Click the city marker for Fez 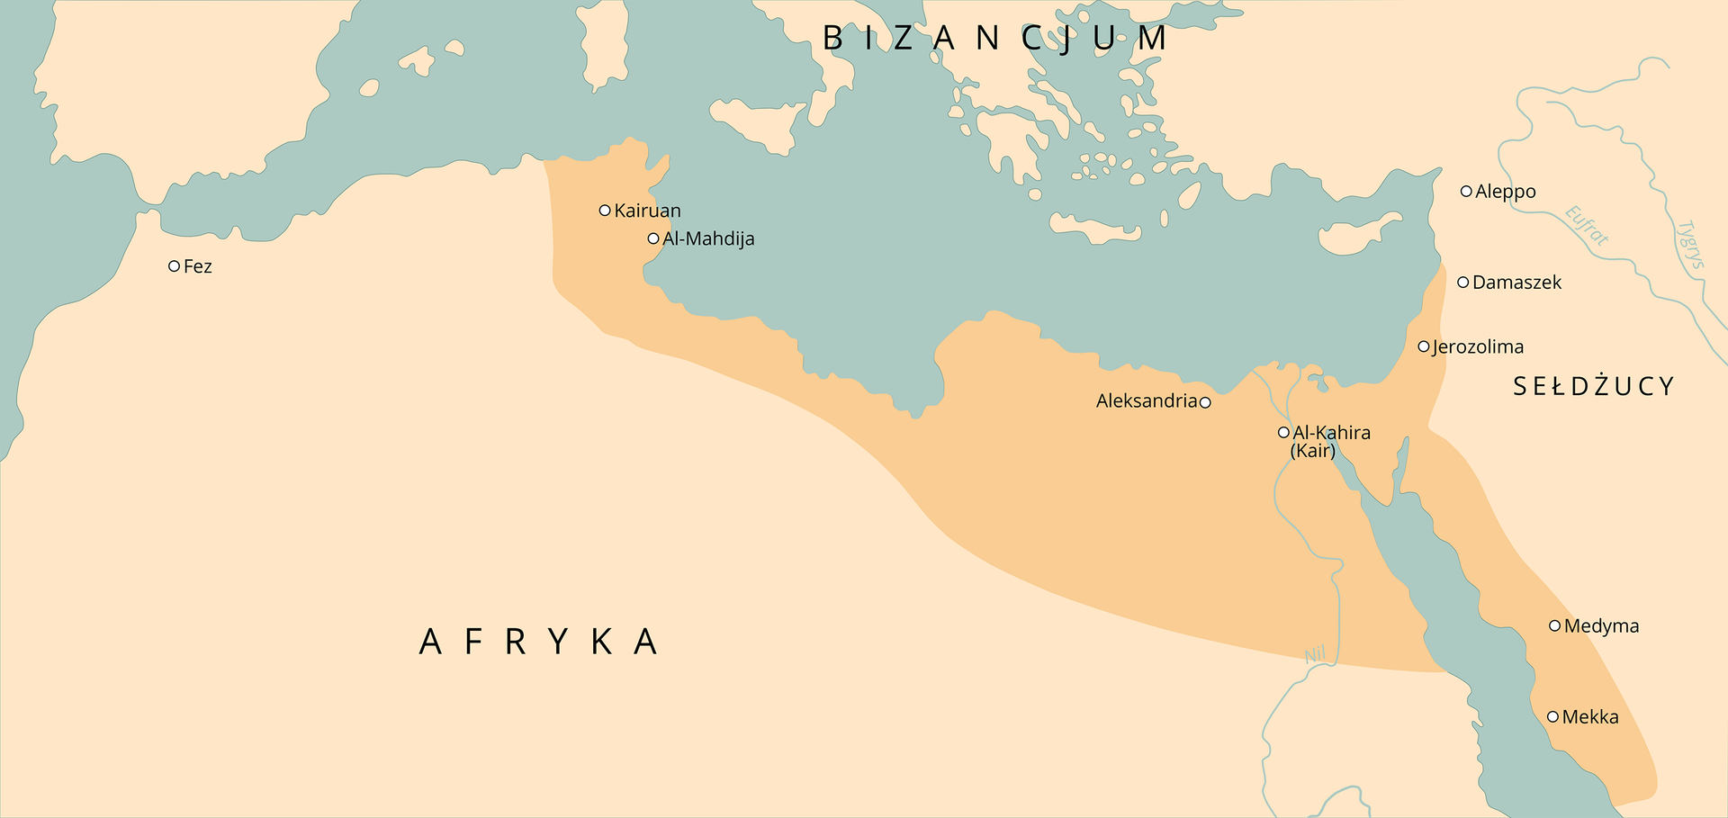pos(175,266)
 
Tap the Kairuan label pos(647,211)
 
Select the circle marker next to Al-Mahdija pos(653,238)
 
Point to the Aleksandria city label pos(1146,401)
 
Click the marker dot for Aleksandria pos(1205,402)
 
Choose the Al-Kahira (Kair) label pos(1330,441)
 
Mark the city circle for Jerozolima pos(1424,346)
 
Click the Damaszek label pos(1516,283)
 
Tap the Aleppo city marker pos(1466,192)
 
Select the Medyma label pos(1601,626)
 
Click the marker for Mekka pos(1552,717)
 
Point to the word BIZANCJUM pos(995,39)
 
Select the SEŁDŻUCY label pos(1593,387)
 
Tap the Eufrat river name pos(1586,226)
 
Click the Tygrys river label pos(1691,244)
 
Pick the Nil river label pos(1316,655)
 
